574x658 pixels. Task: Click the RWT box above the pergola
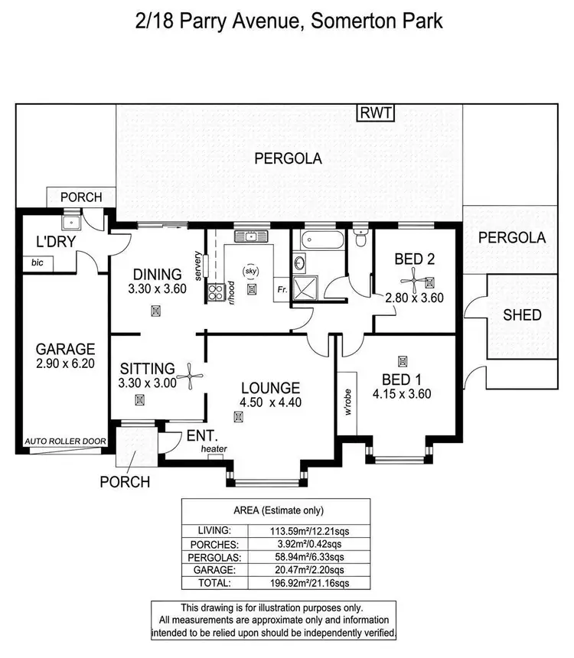coord(376,114)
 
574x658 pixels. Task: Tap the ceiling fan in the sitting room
coord(189,376)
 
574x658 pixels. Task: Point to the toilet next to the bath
coord(360,238)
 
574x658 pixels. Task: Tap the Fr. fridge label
coord(282,291)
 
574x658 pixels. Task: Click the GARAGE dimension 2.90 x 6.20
coord(64,364)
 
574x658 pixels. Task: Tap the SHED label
coord(523,314)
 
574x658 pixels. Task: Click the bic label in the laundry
coord(37,263)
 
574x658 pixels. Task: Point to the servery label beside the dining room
coord(198,265)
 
